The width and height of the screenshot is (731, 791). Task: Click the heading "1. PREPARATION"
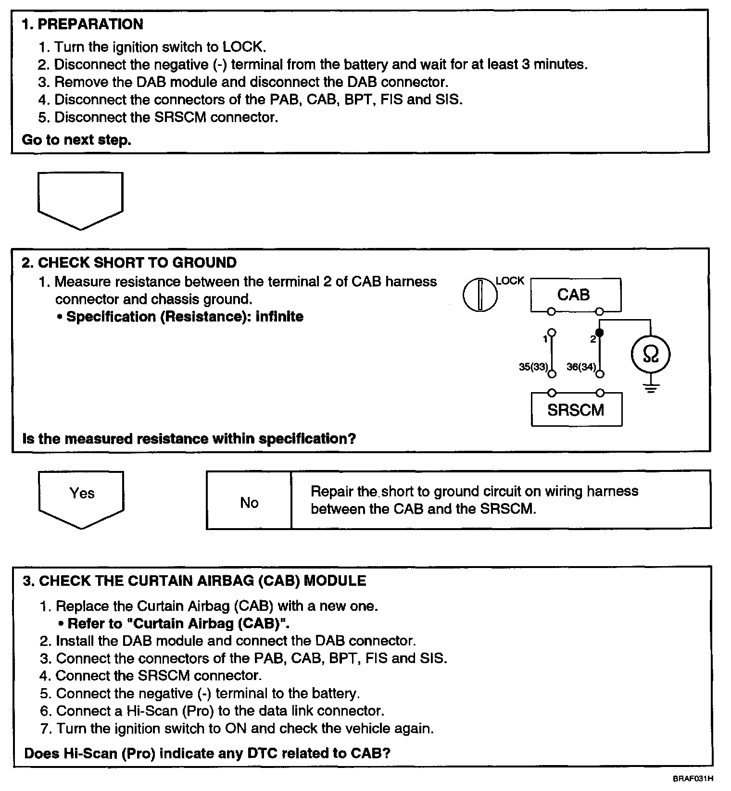(x=82, y=24)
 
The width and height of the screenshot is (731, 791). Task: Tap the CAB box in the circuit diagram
(x=575, y=294)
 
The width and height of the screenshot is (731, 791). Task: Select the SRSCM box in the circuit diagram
(x=576, y=409)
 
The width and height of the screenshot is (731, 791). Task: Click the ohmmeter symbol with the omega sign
(x=650, y=355)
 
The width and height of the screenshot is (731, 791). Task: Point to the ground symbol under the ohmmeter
(x=650, y=389)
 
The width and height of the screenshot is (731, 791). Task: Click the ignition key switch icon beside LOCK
(x=480, y=294)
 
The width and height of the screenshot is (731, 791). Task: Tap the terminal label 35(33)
(x=533, y=367)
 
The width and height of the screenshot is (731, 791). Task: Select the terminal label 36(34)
(x=581, y=367)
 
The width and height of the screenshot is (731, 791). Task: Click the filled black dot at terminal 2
(x=599, y=333)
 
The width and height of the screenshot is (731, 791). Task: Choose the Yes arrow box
(x=81, y=498)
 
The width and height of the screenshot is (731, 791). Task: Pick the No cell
(x=249, y=502)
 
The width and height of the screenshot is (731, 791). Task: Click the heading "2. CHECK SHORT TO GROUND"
(x=129, y=262)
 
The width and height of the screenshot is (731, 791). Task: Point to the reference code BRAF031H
(x=693, y=778)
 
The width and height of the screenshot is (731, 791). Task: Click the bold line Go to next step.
(x=77, y=140)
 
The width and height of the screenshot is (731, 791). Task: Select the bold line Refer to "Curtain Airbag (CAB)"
(x=178, y=623)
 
